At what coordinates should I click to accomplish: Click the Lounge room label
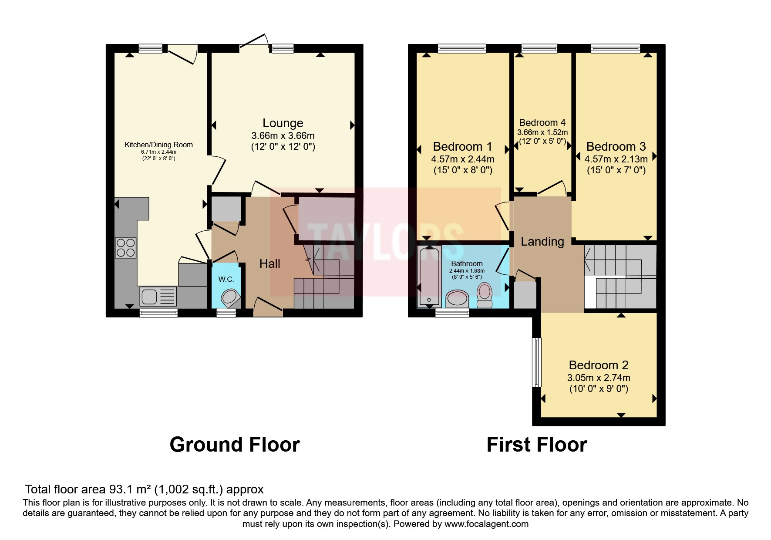[283, 123]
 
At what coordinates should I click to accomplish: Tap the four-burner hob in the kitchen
[126, 247]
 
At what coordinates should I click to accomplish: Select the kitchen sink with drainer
[158, 296]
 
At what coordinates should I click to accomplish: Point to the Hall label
[269, 263]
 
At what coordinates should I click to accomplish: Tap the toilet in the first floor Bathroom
[484, 295]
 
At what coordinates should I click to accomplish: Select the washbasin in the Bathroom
[457, 299]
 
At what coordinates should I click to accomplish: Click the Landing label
[542, 242]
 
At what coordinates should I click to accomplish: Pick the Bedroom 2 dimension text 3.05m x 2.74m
[599, 378]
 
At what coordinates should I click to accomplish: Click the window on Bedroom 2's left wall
[537, 362]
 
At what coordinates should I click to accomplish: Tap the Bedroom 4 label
[542, 123]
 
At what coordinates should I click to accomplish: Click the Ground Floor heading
[234, 445]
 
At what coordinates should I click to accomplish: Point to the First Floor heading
[536, 445]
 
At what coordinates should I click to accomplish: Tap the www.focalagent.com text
[486, 524]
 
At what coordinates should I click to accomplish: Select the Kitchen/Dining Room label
[158, 145]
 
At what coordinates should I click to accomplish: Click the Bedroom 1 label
[462, 146]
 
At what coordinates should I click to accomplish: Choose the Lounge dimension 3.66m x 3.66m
[283, 135]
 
